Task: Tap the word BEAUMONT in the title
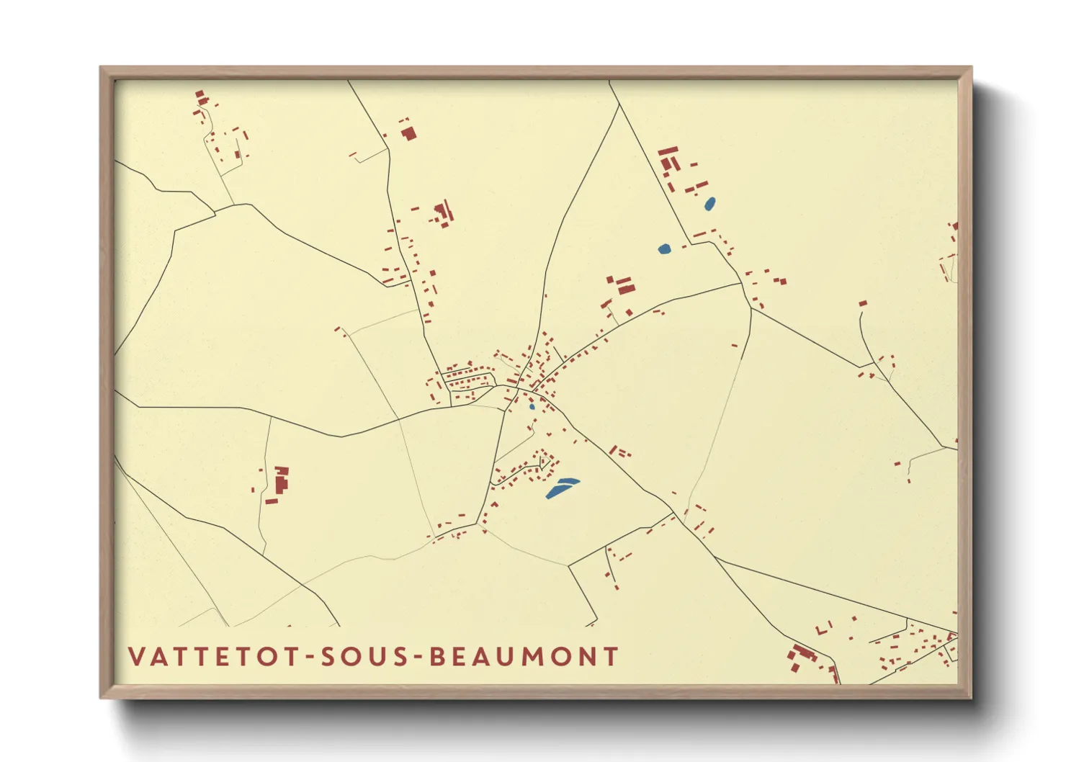click(x=524, y=656)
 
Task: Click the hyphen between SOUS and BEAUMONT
click(x=418, y=658)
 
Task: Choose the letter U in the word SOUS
click(x=377, y=656)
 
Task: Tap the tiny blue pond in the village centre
click(x=532, y=406)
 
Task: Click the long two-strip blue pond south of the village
click(x=562, y=488)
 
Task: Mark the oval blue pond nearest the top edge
click(x=709, y=204)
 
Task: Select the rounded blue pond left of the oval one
click(x=664, y=249)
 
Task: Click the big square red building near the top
click(x=409, y=133)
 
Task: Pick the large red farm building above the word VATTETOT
click(x=281, y=480)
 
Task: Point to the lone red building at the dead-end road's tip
click(x=863, y=303)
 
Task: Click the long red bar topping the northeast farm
click(x=668, y=151)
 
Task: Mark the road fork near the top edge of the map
click(x=619, y=106)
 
